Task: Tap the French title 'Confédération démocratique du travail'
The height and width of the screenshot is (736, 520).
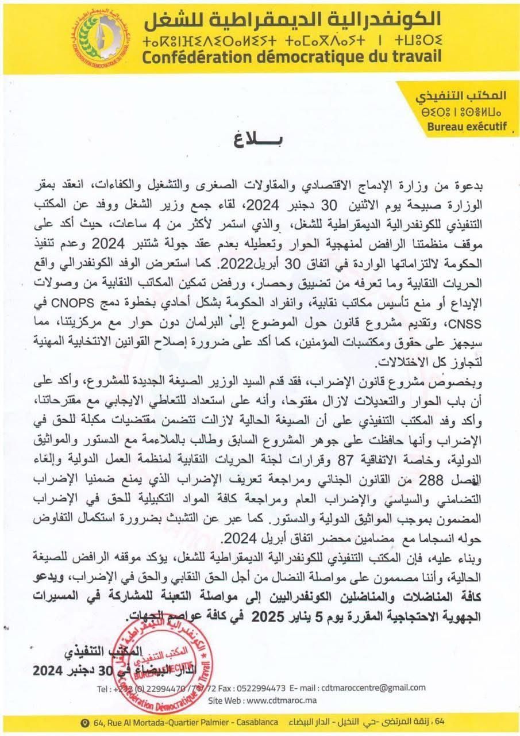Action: point(292,57)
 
